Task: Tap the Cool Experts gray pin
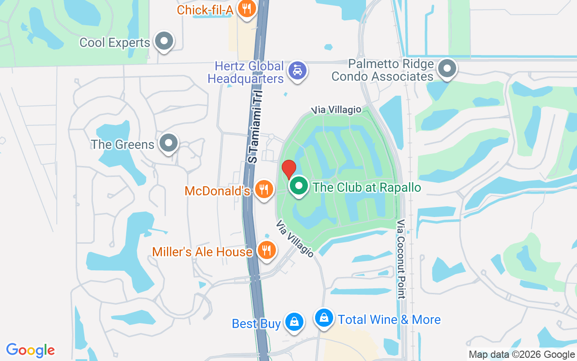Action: (164, 42)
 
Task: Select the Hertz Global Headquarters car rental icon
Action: (298, 71)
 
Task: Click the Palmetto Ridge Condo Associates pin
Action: (447, 69)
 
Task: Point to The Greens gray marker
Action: (169, 143)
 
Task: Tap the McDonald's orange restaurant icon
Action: (264, 189)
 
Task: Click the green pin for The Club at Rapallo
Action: (298, 186)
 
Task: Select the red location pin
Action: (288, 169)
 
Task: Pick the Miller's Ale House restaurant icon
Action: (266, 250)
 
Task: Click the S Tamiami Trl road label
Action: (255, 127)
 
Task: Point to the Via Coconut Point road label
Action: (401, 259)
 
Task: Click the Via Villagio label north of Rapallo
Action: (337, 110)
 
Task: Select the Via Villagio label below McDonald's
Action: (295, 239)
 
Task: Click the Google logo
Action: (31, 350)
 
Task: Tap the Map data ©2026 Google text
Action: (522, 355)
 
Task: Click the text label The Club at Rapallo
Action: (367, 187)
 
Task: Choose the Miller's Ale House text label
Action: (202, 251)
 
